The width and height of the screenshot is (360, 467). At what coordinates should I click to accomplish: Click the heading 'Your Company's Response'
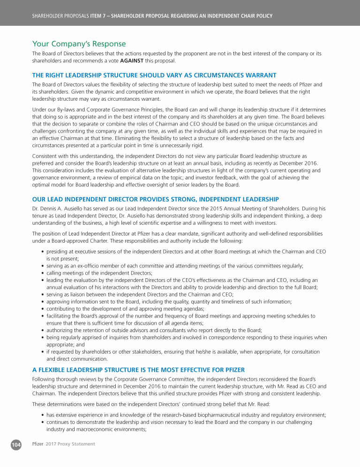point(79,44)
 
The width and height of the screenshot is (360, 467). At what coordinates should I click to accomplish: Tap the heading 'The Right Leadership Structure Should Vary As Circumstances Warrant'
point(154,75)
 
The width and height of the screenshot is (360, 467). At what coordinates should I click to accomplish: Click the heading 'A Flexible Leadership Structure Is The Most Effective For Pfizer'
point(138,370)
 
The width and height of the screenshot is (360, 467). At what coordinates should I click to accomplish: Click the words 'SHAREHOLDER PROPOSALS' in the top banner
point(60,16)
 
